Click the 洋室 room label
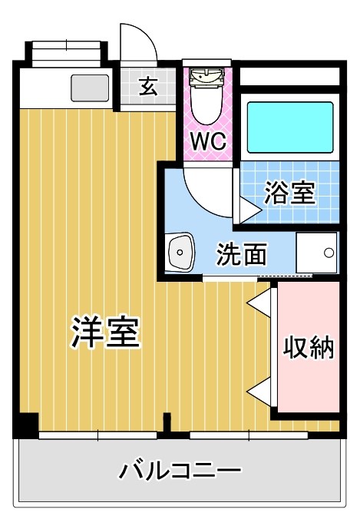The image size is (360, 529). pyautogui.click(x=105, y=332)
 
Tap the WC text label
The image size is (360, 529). pyautogui.click(x=206, y=143)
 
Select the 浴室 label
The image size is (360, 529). pyautogui.click(x=289, y=192)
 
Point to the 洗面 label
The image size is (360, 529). pyautogui.click(x=241, y=254)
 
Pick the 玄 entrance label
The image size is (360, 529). pyautogui.click(x=148, y=87)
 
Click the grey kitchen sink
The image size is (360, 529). pyautogui.click(x=91, y=89)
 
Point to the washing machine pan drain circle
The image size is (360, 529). pyautogui.click(x=329, y=252)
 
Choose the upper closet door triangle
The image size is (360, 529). pyautogui.click(x=259, y=302)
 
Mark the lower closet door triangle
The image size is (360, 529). pyautogui.click(x=259, y=391)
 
